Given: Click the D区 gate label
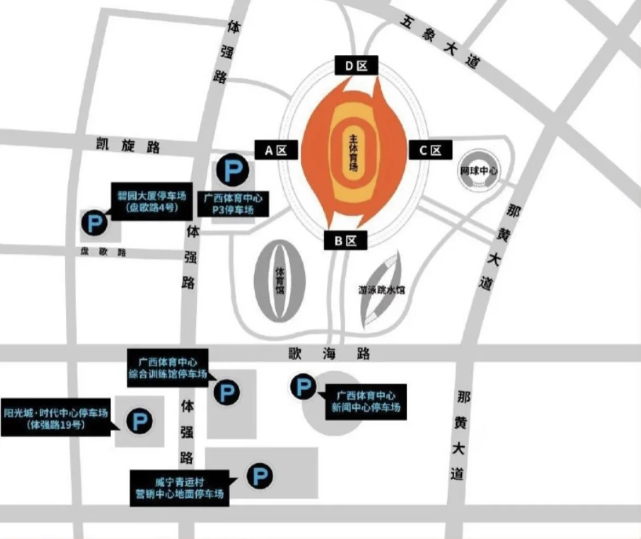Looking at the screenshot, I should pos(356,66).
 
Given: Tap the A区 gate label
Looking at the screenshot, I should pos(276,150).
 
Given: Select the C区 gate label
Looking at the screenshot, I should pos(430,150).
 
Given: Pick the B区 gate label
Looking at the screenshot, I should pos(346,240).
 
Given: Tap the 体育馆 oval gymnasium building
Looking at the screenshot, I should pos(279,281).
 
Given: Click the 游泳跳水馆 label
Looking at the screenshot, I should pos(382,290).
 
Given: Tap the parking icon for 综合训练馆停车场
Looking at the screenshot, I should pos(226,392).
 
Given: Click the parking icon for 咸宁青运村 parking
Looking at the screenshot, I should pos(259,476).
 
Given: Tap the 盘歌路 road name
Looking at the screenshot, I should pos(104,252).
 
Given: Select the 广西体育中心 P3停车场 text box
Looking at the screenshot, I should pos(233,203).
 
